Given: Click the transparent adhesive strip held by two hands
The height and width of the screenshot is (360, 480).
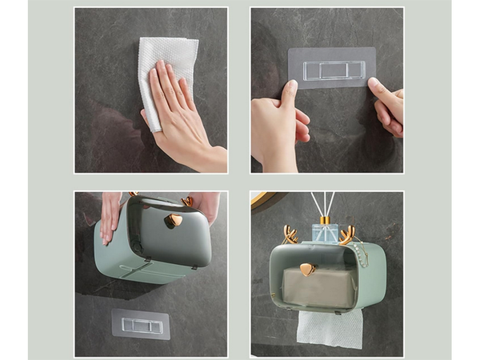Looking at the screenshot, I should (331, 69).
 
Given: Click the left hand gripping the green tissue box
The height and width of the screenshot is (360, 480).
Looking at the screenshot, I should (110, 216).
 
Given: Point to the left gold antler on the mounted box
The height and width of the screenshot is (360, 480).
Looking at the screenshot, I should (290, 234).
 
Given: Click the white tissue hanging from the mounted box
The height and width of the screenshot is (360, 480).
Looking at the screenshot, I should (329, 328).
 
